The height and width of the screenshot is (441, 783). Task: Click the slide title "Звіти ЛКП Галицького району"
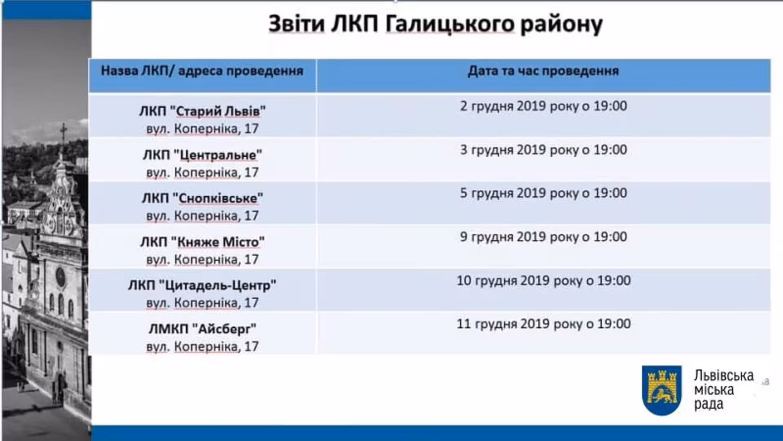435,24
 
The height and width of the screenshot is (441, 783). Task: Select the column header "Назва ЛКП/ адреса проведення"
202,71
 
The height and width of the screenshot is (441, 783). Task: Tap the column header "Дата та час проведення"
543,71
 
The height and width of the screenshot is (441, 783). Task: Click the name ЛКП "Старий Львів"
202,111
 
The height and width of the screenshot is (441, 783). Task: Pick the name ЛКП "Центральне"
202,155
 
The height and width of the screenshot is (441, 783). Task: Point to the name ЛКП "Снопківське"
202,198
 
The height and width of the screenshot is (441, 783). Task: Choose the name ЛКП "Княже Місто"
202,242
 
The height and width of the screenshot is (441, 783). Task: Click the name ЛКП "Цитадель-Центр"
202,285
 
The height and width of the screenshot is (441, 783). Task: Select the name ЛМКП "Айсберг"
202,329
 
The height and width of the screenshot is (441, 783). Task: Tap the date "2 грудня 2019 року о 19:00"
544,106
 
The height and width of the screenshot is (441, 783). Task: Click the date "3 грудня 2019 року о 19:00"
544,150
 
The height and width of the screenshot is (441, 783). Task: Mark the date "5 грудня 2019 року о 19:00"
544,193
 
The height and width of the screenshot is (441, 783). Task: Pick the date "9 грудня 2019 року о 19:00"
544,237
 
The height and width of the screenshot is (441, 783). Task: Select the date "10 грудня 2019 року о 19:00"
544,281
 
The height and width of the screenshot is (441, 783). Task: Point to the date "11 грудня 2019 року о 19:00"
544,324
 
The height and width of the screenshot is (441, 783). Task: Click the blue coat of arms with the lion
661,390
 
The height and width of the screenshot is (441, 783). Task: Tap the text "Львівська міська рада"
724,390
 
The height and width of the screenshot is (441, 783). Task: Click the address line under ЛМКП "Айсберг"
202,347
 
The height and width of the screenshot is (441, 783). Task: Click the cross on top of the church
63,133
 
